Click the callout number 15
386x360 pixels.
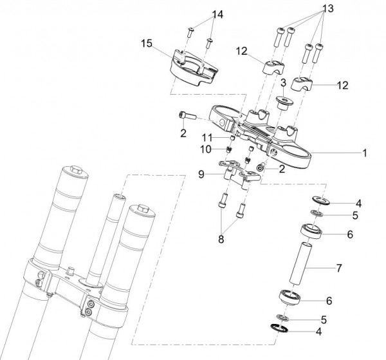(147, 44)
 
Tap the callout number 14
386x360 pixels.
(218, 15)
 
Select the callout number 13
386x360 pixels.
(328, 8)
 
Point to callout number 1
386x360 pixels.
(365, 153)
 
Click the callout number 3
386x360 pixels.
(283, 83)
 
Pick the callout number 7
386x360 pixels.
(339, 268)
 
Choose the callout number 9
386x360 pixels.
(201, 175)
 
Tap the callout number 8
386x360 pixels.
(221, 239)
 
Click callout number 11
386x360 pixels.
(207, 137)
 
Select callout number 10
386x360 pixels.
(206, 149)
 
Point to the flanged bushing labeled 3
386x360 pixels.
(284, 103)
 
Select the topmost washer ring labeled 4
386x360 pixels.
(321, 200)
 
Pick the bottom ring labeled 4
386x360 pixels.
(279, 328)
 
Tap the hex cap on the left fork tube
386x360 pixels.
(75, 169)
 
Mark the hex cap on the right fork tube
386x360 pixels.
(143, 209)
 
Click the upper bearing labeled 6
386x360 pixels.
(311, 231)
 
